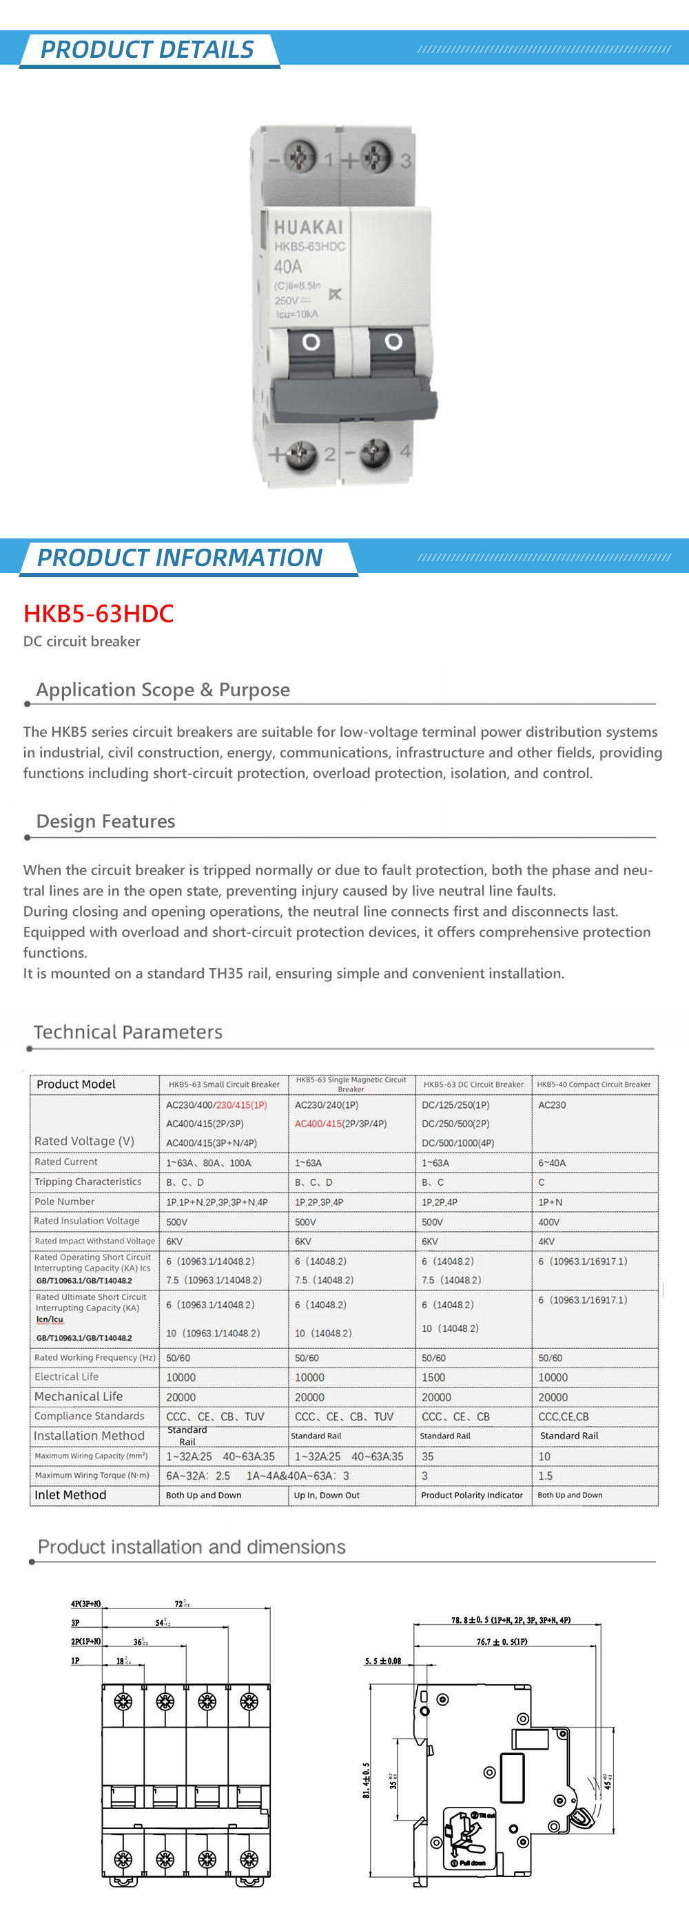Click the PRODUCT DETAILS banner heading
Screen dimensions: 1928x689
[x=147, y=50]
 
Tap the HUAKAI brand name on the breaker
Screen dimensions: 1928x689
[x=308, y=227]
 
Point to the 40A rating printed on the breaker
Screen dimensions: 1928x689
[x=288, y=266]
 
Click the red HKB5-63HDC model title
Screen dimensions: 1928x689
[x=98, y=614]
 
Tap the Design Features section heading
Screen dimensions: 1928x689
[x=105, y=821]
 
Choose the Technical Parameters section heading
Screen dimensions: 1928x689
[x=128, y=1032]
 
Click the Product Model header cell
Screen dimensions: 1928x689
[x=76, y=1084]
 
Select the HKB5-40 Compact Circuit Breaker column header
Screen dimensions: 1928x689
[x=593, y=1084]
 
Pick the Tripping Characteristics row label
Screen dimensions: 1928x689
[x=88, y=1182]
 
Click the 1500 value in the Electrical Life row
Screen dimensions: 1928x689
[x=433, y=1377]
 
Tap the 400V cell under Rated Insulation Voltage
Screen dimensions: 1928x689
[x=549, y=1222]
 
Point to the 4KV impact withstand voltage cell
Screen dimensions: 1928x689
[x=546, y=1241]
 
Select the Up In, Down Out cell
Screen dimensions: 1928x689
[x=327, y=1495]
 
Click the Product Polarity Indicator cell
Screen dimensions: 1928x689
[x=472, y=1495]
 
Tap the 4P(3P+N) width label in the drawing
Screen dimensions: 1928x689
[x=85, y=1604]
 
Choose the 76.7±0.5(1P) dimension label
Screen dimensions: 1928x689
[x=502, y=1642]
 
